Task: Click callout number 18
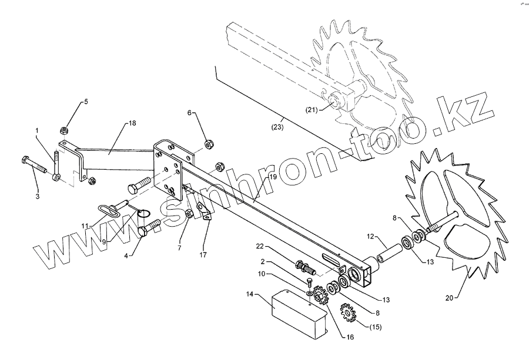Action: (x=131, y=123)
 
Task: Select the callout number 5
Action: (x=85, y=102)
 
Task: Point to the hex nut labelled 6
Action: (x=207, y=144)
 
